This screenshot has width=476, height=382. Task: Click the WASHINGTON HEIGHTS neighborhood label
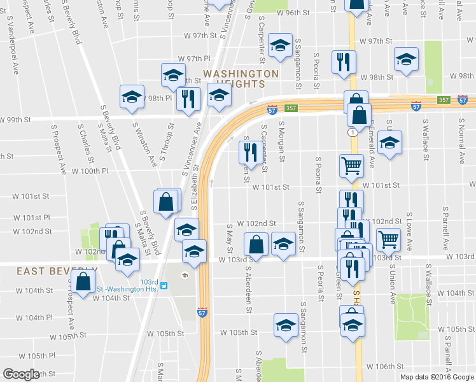241,78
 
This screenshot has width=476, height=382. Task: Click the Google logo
22,374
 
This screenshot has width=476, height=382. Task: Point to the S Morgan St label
281,143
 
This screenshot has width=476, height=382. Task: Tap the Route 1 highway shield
351,132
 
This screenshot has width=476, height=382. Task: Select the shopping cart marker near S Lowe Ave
388,239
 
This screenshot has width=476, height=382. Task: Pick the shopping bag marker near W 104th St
83,280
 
